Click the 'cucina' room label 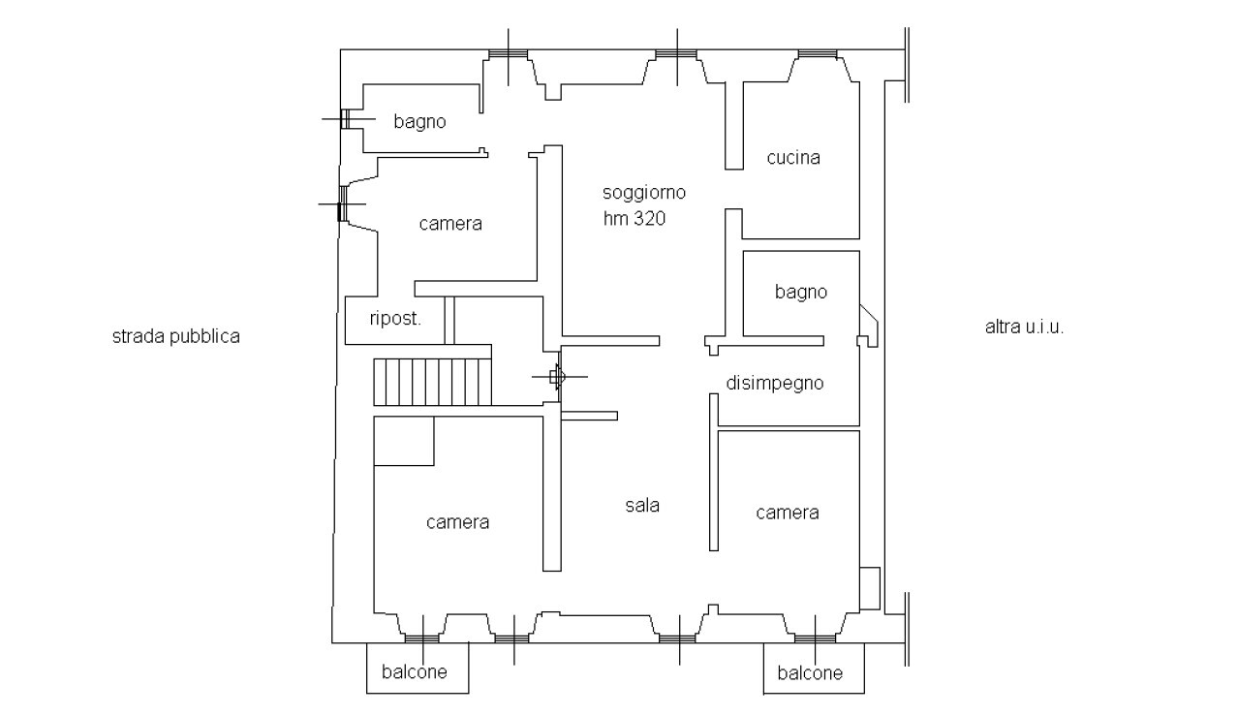[x=793, y=158]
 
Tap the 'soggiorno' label [x=644, y=193]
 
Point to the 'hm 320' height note [x=634, y=219]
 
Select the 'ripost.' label [x=395, y=319]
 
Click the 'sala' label [x=642, y=506]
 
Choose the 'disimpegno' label [x=775, y=383]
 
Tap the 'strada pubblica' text [x=175, y=337]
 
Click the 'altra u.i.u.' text [x=1024, y=327]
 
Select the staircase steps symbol [x=432, y=382]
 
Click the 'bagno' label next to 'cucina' [x=801, y=292]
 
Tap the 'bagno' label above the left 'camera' [x=419, y=122]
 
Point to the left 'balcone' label [x=414, y=672]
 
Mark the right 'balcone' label [x=810, y=673]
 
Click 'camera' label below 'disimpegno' [x=787, y=514]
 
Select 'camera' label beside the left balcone [x=457, y=522]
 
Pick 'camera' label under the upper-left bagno [x=450, y=224]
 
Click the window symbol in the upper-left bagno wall [x=346, y=119]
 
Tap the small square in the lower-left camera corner [x=404, y=441]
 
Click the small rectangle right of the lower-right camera [x=870, y=588]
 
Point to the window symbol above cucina [x=817, y=53]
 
